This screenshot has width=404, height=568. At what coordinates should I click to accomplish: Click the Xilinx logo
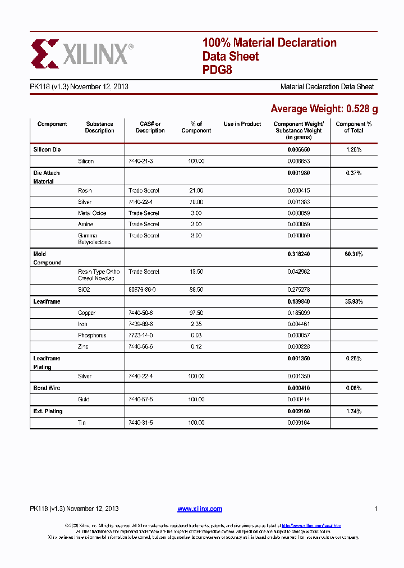pyautogui.click(x=82, y=54)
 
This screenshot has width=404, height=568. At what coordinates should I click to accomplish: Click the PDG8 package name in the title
pyautogui.click(x=217, y=71)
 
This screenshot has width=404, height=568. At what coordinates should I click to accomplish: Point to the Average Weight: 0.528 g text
pyautogui.click(x=324, y=109)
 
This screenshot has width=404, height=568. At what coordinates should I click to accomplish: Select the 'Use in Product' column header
pyautogui.click(x=242, y=124)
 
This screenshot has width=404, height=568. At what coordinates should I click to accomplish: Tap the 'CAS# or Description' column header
pyautogui.click(x=150, y=127)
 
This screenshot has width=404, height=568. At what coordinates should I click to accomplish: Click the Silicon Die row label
pyautogui.click(x=47, y=150)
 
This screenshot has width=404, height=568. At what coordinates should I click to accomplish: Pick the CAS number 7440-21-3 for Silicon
pyautogui.click(x=140, y=161)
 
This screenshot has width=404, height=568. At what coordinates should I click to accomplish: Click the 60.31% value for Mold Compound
pyautogui.click(x=353, y=254)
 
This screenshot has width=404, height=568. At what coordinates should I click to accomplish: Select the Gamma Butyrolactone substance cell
pyautogui.click(x=94, y=239)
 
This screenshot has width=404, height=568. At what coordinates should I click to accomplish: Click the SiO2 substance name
pyautogui.click(x=84, y=290)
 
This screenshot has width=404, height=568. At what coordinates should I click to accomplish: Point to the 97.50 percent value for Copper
pyautogui.click(x=196, y=313)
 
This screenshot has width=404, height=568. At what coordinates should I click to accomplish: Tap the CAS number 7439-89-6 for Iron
pyautogui.click(x=140, y=324)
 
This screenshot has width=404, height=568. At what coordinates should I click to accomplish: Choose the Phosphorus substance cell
pyautogui.click(x=92, y=335)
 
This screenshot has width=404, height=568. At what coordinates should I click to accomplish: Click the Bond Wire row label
pyautogui.click(x=47, y=388)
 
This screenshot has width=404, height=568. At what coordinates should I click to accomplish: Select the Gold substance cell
pyautogui.click(x=84, y=400)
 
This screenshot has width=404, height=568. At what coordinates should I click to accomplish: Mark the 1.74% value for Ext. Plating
pyautogui.click(x=353, y=411)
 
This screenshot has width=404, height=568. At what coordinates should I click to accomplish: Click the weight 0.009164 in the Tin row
pyautogui.click(x=299, y=423)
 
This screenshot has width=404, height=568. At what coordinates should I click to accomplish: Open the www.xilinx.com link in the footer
pyautogui.click(x=200, y=509)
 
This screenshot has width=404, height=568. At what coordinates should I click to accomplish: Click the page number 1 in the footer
pyautogui.click(x=375, y=509)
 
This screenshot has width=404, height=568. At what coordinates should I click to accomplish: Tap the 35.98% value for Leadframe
pyautogui.click(x=353, y=301)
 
